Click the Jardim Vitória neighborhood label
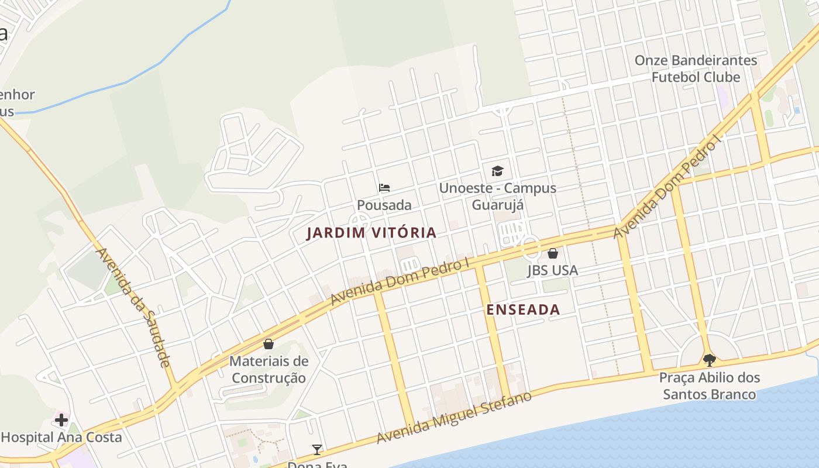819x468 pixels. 371,232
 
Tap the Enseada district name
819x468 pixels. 523,309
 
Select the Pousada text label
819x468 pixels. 384,205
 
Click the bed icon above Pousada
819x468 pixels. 384,188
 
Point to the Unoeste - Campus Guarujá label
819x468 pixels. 497,197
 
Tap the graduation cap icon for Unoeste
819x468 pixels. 497,171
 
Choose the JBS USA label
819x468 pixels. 552,270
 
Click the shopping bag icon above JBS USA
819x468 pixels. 552,253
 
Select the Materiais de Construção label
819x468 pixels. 269,369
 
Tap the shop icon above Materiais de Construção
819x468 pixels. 269,343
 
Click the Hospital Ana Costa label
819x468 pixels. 61,437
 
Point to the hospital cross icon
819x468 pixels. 61,419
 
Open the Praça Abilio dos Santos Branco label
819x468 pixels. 710,386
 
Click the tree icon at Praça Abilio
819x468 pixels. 710,360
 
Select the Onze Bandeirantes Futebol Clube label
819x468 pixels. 696,68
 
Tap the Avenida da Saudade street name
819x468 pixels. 133,307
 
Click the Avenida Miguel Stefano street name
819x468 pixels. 454,417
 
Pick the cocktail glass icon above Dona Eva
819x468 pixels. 317,449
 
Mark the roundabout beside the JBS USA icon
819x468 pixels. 531,248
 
